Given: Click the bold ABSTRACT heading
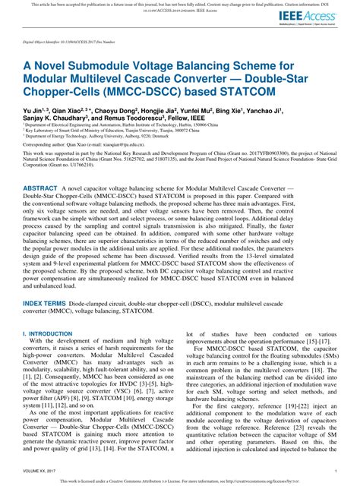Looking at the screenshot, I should [40, 187].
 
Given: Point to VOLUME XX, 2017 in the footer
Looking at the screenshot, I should [40, 471].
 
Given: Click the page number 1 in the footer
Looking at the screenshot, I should [335, 471].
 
